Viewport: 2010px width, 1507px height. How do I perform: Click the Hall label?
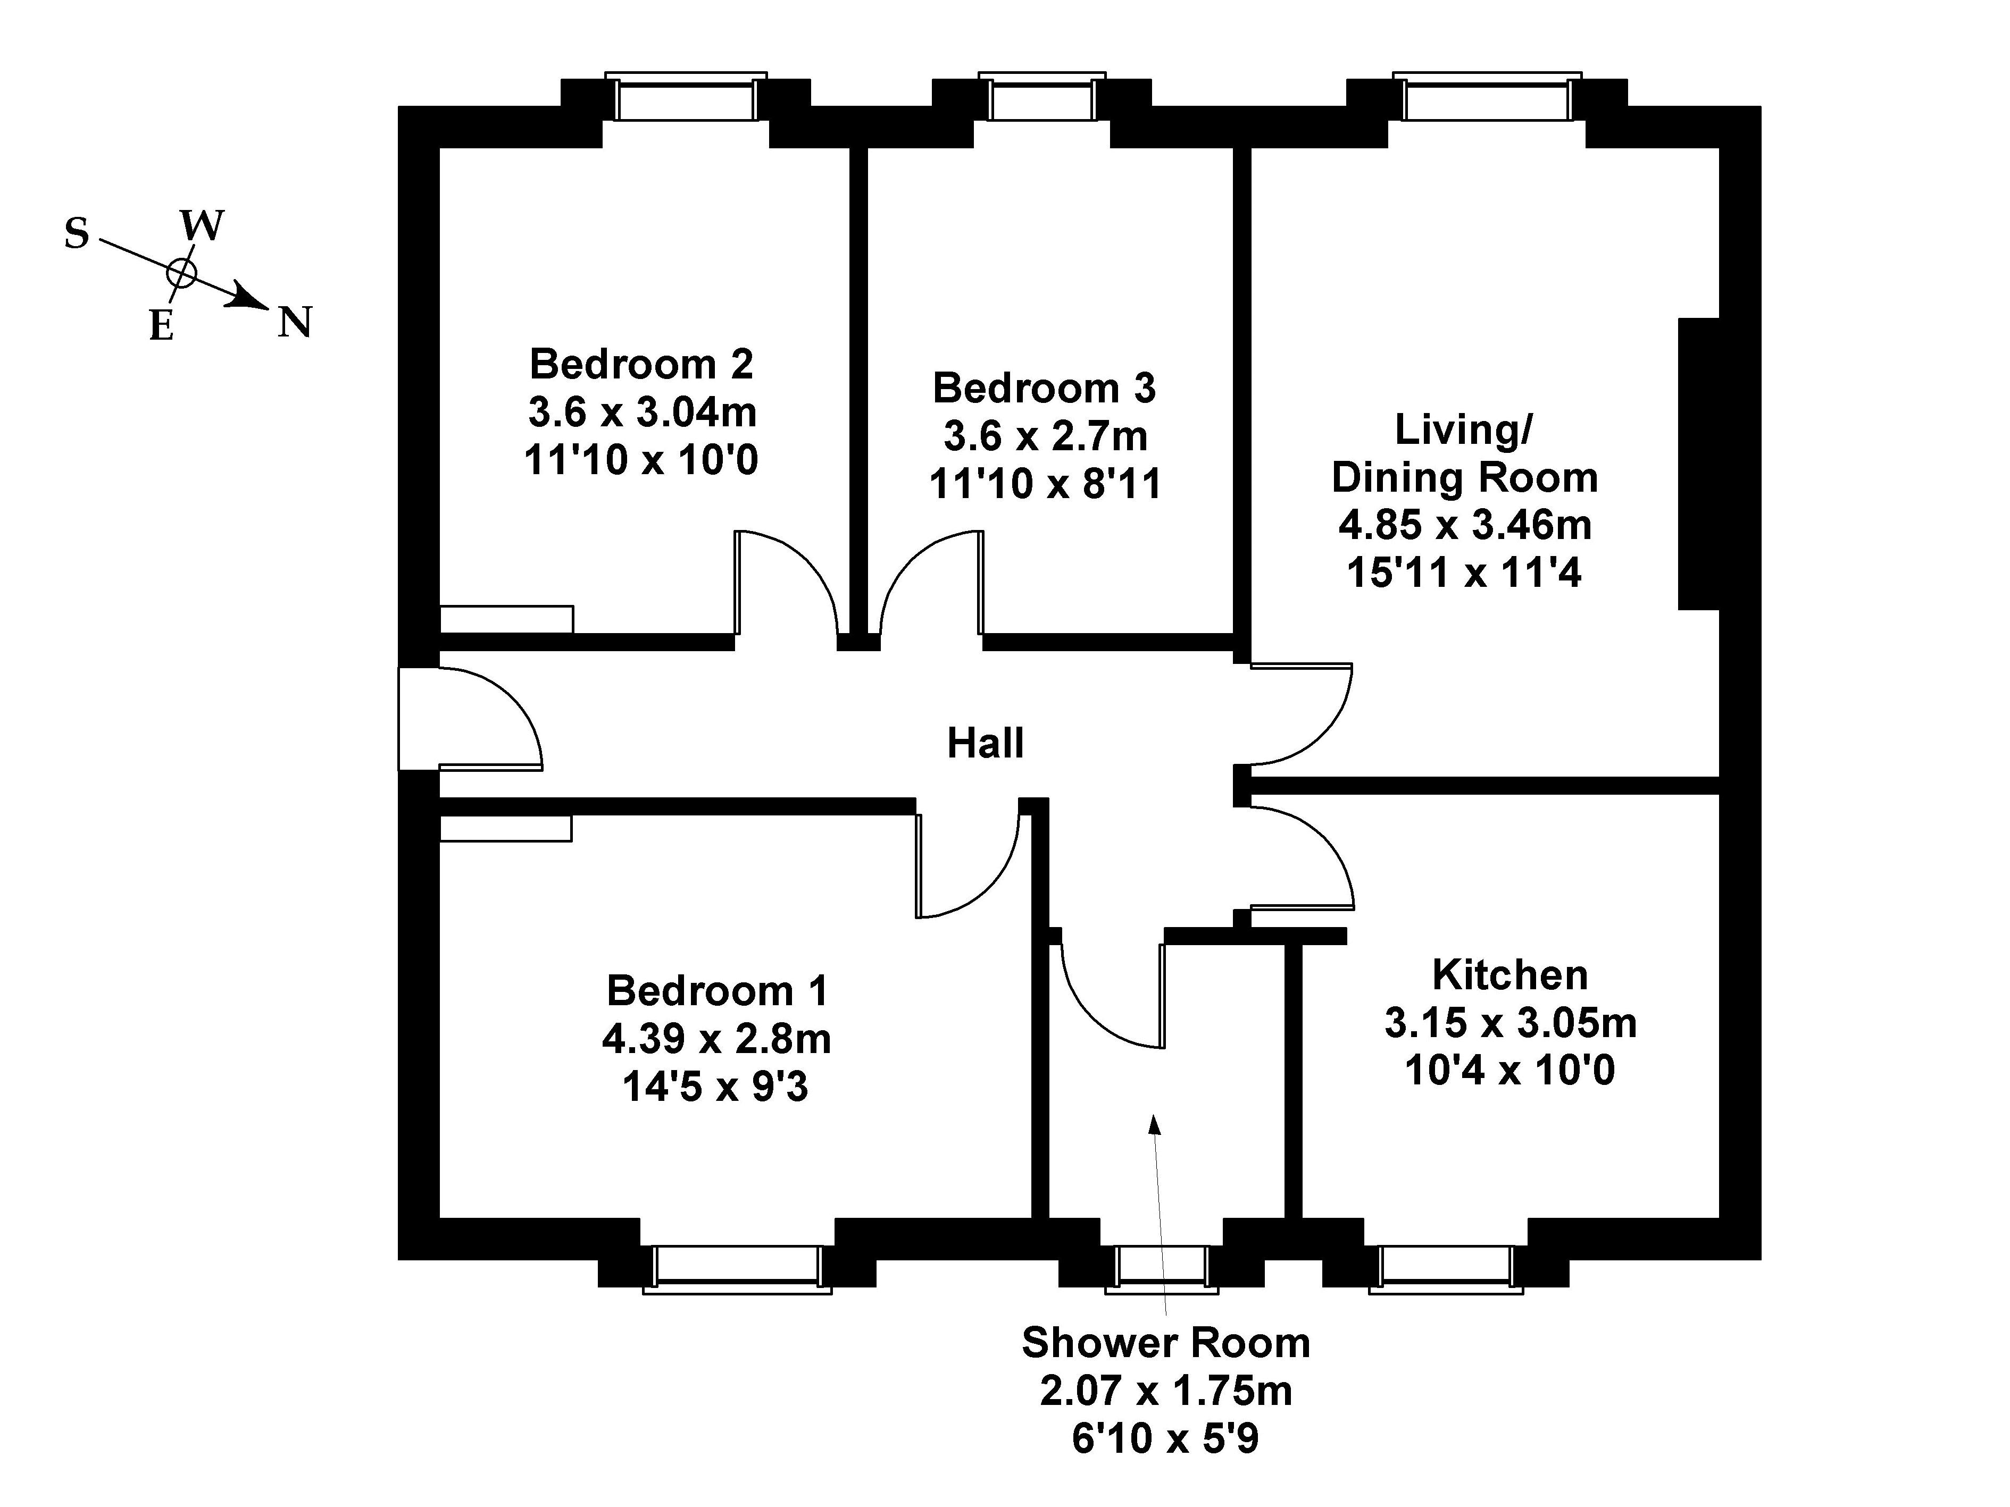[x=985, y=743]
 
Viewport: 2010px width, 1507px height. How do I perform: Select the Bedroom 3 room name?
[x=1044, y=388]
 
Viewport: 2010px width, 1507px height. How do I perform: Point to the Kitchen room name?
[x=1510, y=975]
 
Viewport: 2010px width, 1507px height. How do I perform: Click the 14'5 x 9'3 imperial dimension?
[x=715, y=1087]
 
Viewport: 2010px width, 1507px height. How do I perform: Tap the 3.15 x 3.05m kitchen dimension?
[x=1510, y=1023]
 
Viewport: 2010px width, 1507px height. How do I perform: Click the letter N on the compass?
[x=295, y=323]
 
